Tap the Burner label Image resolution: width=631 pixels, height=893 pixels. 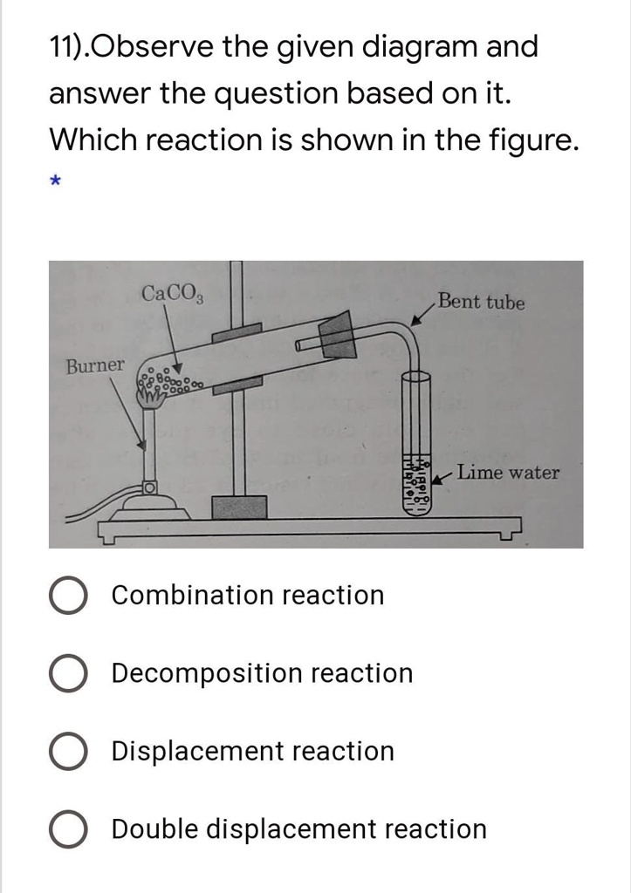[x=95, y=365]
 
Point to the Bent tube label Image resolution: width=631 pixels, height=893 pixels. [x=482, y=303]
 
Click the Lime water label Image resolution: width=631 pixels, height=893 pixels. [x=508, y=473]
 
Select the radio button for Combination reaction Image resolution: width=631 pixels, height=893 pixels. [x=67, y=596]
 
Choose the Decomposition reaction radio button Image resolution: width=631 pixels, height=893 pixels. [x=67, y=674]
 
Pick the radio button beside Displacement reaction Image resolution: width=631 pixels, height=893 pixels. [x=67, y=752]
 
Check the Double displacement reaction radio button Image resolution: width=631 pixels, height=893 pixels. [x=67, y=829]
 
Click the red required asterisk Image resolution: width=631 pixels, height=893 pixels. [x=55, y=181]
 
